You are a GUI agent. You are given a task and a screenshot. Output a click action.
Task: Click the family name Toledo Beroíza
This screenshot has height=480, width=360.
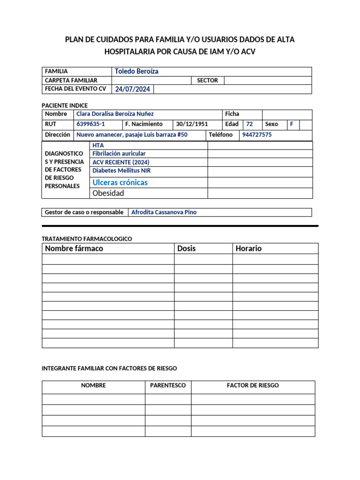coord(136,71)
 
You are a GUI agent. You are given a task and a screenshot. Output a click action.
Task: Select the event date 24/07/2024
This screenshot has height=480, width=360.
coord(132,89)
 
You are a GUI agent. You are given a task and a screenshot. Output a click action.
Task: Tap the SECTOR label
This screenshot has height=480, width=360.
coord(207,80)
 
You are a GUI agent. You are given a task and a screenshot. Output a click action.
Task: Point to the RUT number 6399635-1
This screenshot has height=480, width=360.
coord(90,124)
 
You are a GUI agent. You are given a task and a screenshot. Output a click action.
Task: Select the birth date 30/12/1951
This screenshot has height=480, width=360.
coord(192,124)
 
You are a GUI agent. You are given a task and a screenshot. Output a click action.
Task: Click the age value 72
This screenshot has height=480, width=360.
coord(249,124)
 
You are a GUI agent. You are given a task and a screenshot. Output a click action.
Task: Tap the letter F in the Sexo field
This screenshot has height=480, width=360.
coord(292,124)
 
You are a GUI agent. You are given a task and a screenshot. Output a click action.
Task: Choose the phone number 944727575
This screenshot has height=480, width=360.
coord(257,135)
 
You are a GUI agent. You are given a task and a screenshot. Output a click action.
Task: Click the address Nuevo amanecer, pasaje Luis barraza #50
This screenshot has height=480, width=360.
coord(132,135)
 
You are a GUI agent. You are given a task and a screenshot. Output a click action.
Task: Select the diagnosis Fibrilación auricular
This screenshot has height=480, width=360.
coord(119,153)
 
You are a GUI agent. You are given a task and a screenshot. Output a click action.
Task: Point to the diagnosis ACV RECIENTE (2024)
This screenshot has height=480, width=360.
coord(121,162)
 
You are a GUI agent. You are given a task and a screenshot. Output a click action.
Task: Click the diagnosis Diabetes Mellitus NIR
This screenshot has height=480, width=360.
coord(121,171)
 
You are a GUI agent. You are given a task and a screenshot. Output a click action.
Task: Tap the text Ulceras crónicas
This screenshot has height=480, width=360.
coord(120,182)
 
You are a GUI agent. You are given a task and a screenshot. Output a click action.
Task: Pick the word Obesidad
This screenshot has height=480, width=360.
coord(108,193)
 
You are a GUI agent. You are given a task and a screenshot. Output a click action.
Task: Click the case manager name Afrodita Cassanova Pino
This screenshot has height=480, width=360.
coord(164,212)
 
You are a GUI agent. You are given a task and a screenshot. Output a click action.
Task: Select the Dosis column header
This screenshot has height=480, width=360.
coord(187,248)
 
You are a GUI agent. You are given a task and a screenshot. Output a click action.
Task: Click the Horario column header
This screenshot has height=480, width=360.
coord(248,248)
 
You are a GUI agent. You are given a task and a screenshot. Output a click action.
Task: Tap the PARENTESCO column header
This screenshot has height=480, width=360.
coord(168,385)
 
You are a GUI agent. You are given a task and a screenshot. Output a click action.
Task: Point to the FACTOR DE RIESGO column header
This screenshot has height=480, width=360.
coord(253,385)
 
